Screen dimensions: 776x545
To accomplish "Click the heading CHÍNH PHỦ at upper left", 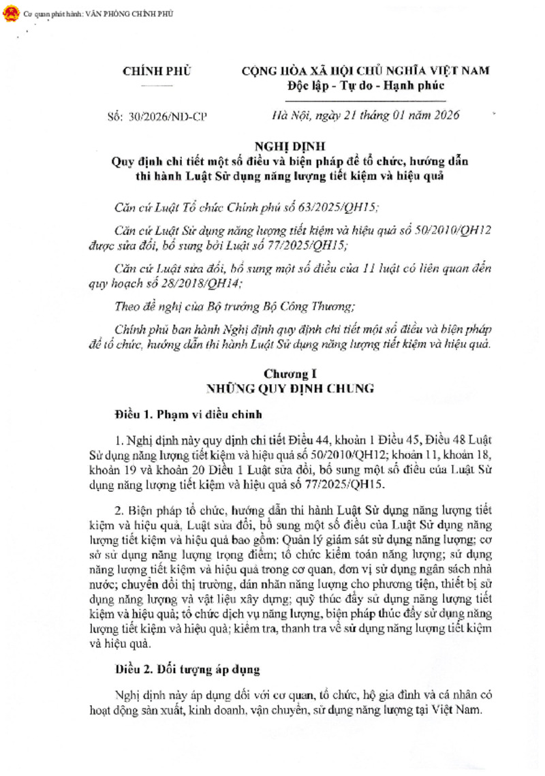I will click(x=156, y=71).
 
